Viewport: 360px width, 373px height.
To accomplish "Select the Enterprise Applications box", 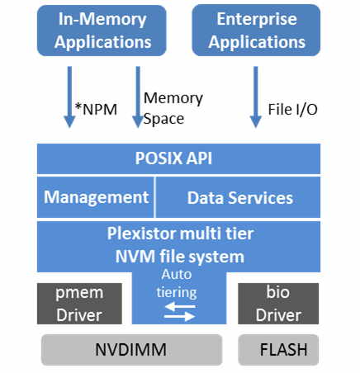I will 256,30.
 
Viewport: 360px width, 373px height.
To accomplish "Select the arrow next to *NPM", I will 69,99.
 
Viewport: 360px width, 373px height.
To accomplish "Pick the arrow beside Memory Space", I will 137,99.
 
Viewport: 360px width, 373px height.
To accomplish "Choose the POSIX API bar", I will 179,158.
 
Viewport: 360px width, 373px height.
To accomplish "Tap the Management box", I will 96,197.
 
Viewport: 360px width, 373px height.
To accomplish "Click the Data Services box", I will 239,197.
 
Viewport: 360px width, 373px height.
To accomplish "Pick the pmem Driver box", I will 80,304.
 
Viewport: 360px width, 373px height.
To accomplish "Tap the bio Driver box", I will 277,304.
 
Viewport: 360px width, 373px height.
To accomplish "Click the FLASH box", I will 278,350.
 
